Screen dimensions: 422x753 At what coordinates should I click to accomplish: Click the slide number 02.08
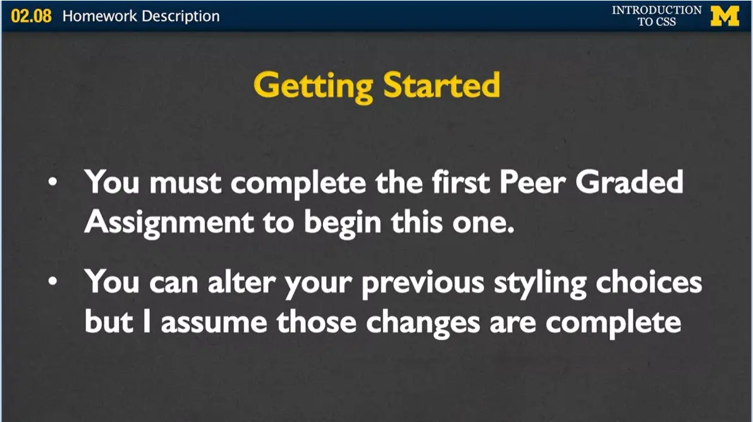31,16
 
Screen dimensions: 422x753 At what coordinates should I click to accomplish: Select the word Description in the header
180,16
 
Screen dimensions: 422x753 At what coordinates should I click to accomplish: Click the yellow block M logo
725,16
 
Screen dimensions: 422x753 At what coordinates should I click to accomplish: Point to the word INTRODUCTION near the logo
656,10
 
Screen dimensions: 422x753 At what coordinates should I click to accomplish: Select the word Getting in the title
309,85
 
